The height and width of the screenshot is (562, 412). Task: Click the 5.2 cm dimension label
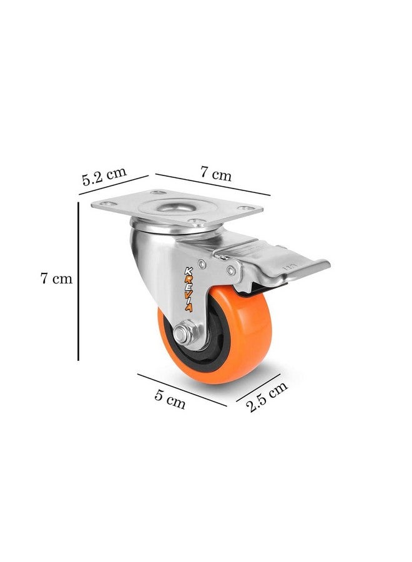pyautogui.click(x=104, y=175)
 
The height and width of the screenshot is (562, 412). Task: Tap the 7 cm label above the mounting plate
pyautogui.click(x=215, y=174)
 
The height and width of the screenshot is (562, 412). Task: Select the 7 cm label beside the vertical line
pyautogui.click(x=56, y=278)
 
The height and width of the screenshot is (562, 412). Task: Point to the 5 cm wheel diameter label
pyautogui.click(x=170, y=400)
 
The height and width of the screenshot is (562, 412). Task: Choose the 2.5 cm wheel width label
pyautogui.click(x=268, y=397)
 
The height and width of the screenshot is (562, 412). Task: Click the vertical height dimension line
pyautogui.click(x=78, y=282)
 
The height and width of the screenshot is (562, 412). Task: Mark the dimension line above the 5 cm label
pyautogui.click(x=182, y=390)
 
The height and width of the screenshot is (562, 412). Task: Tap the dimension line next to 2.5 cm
pyautogui.click(x=258, y=387)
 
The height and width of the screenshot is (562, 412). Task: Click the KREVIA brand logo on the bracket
pyautogui.click(x=188, y=290)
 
